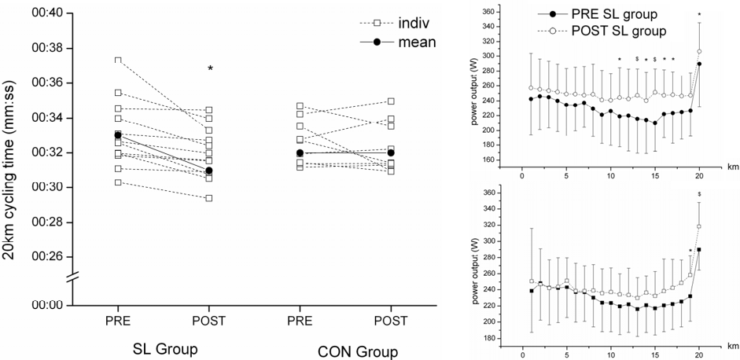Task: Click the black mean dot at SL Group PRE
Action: pyautogui.click(x=118, y=135)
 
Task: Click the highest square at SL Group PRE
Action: pyautogui.click(x=118, y=60)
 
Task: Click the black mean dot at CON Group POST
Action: pyautogui.click(x=391, y=152)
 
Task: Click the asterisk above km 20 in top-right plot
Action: pyautogui.click(x=699, y=15)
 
